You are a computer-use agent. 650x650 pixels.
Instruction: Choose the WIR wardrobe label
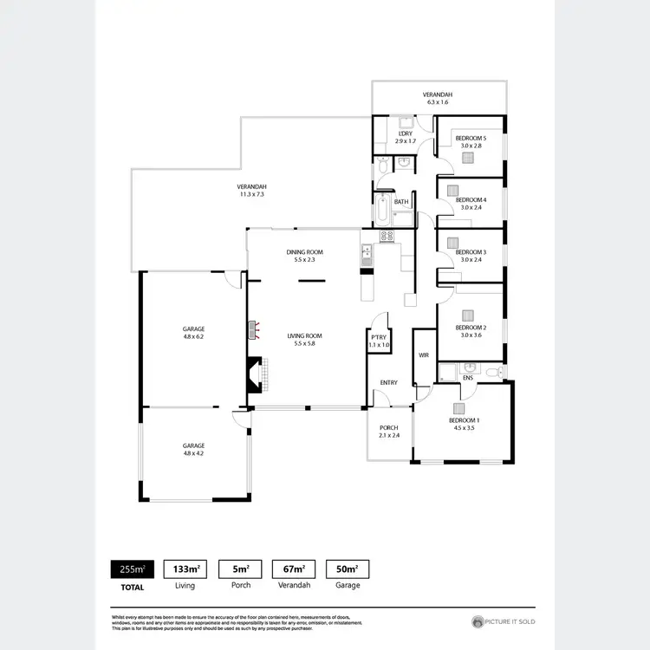[x=424, y=355]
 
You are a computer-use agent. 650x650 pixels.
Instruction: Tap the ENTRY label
[x=388, y=382]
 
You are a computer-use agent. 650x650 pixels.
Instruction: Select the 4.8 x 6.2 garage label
[x=193, y=333]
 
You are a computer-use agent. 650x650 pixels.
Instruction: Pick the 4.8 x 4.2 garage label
[x=193, y=449]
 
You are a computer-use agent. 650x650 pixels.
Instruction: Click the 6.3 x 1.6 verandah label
[x=438, y=98]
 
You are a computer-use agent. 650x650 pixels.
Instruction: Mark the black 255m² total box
[x=132, y=569]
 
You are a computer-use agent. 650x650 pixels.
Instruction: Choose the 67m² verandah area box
[x=293, y=569]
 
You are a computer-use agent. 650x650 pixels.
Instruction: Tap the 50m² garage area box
[x=347, y=569]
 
